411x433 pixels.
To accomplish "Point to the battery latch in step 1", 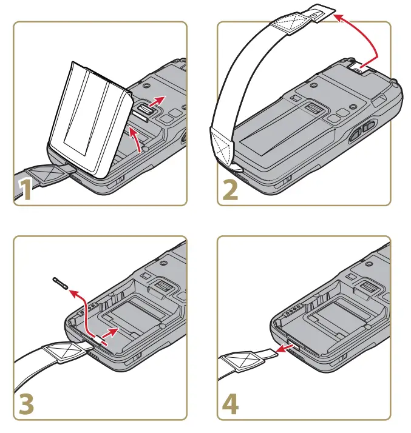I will pyautogui.click(x=143, y=108).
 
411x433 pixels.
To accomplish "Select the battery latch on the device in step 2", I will pyautogui.click(x=313, y=110).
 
